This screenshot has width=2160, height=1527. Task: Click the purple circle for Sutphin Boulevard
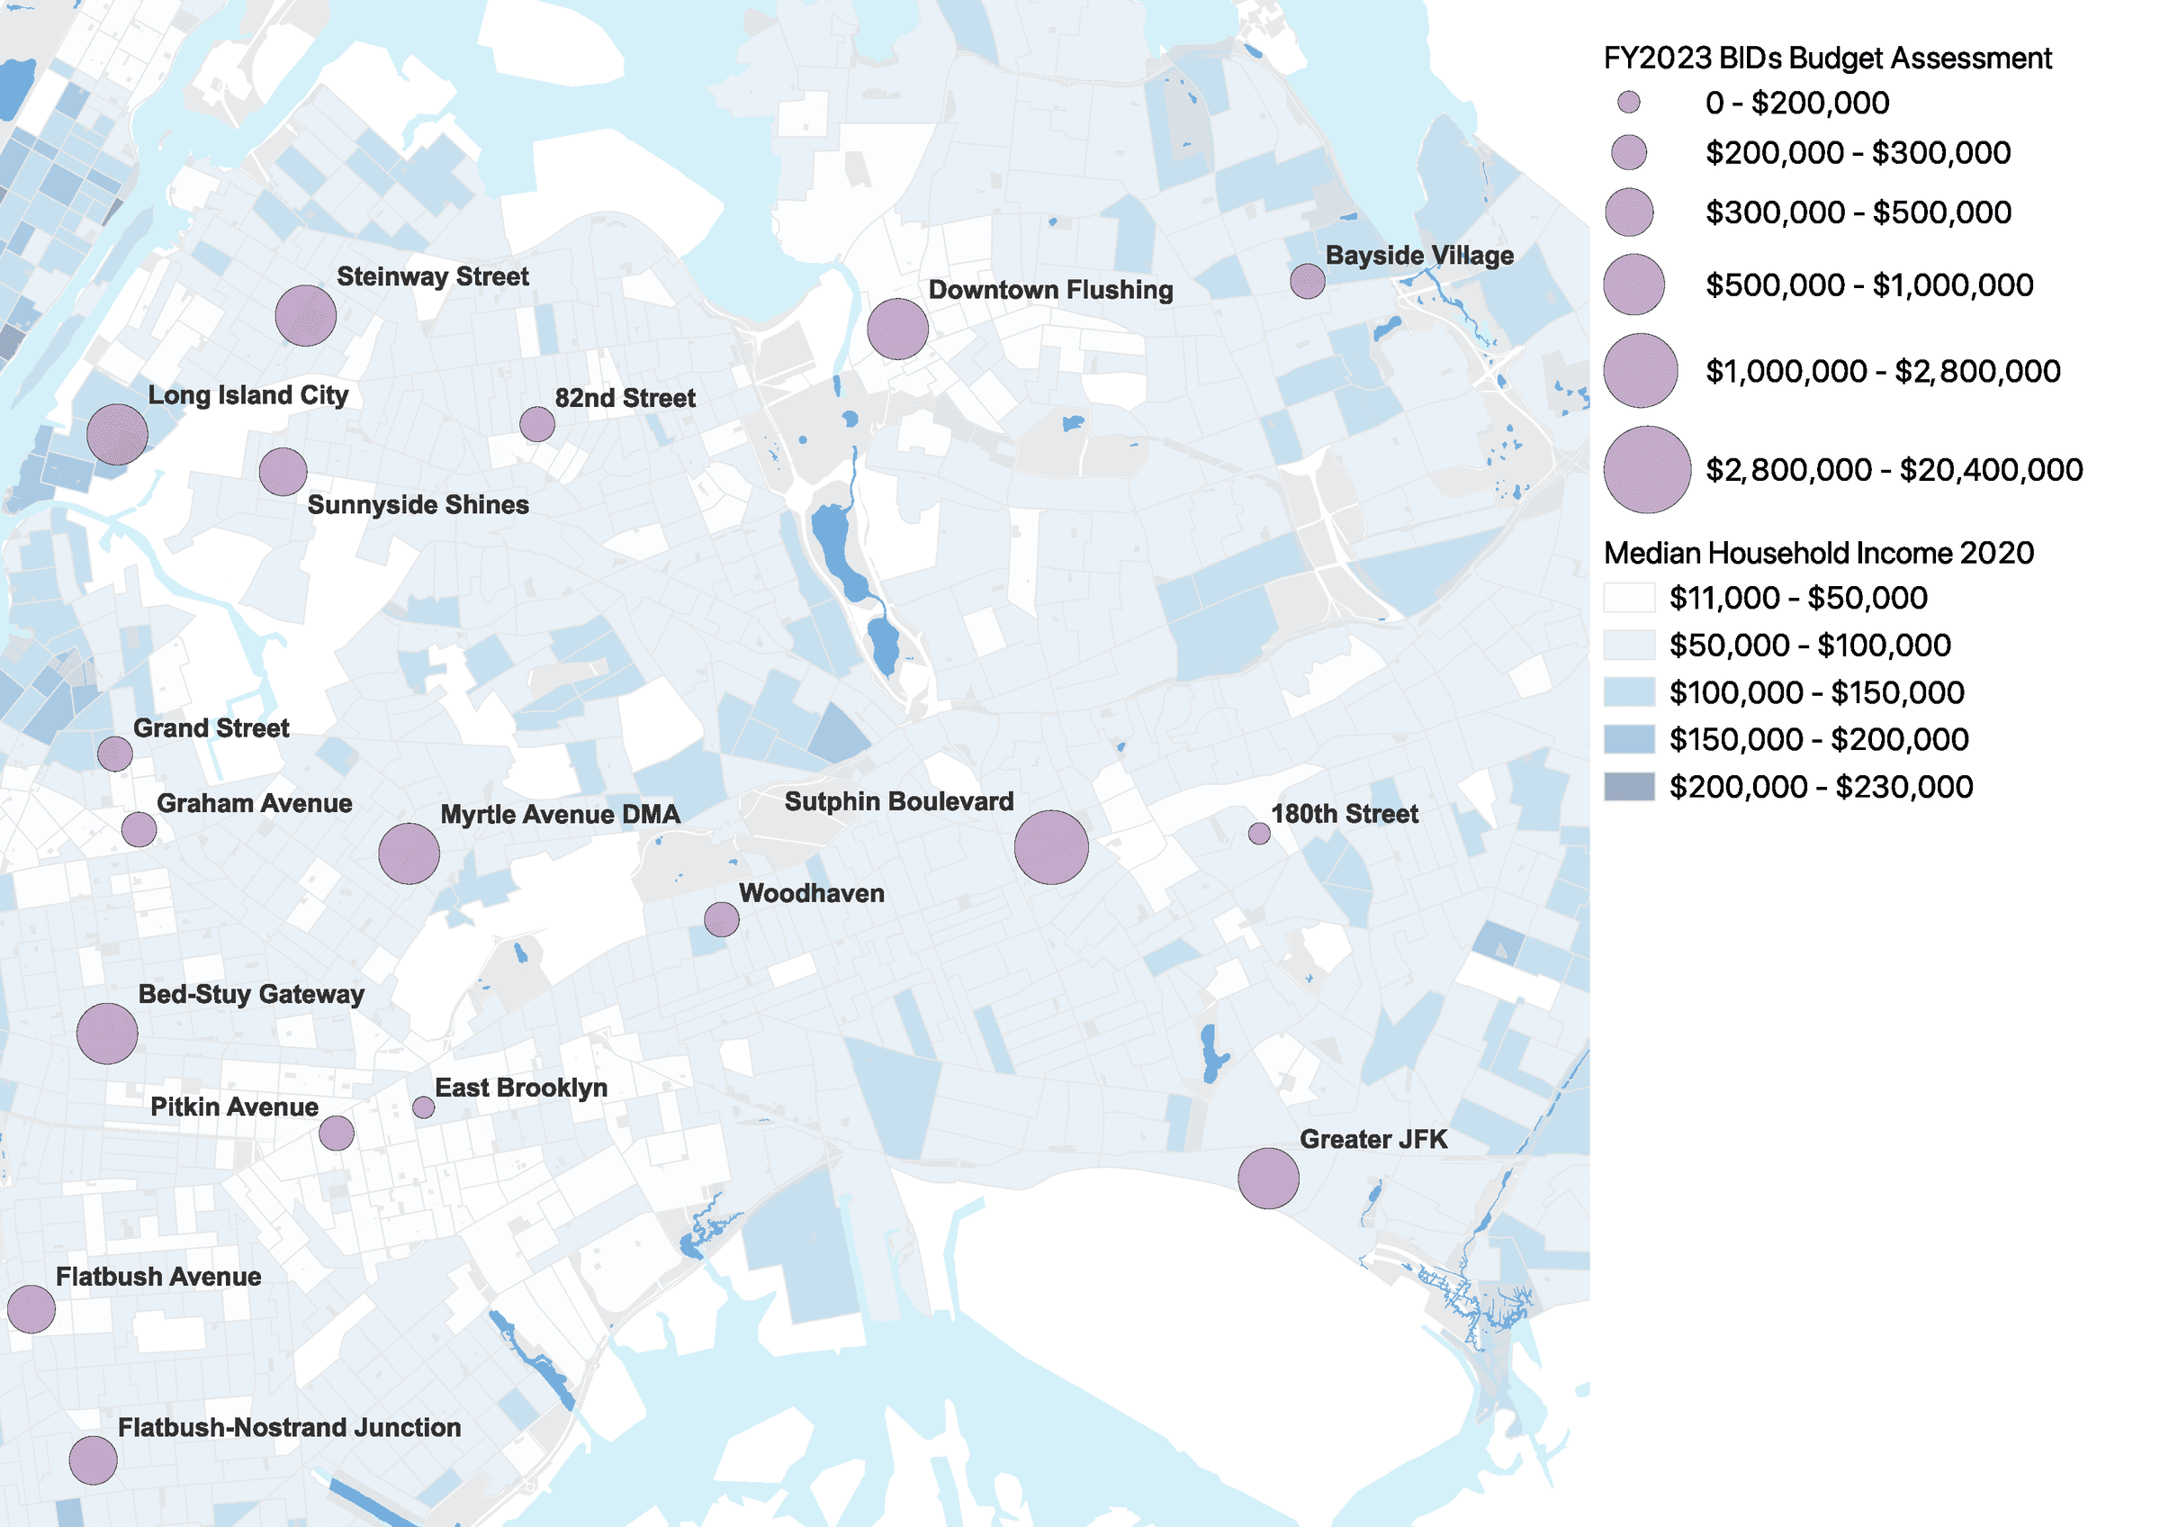click(1051, 846)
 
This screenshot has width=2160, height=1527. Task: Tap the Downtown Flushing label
click(1050, 290)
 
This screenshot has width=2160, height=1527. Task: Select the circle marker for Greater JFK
click(1267, 1178)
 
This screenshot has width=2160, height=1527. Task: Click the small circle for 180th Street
click(1259, 834)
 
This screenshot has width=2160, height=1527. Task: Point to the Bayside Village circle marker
click(1307, 280)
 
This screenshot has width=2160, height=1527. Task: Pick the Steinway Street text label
click(433, 276)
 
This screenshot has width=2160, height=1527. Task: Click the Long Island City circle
click(118, 434)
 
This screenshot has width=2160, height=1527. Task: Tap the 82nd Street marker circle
click(537, 424)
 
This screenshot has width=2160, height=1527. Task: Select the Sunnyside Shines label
click(418, 505)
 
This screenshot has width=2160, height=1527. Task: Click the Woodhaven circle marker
click(722, 919)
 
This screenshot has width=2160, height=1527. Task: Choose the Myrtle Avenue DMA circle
click(409, 854)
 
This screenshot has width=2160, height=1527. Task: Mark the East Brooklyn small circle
click(423, 1107)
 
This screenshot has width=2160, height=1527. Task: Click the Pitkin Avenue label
click(234, 1107)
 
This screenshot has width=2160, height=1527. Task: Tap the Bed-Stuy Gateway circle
click(107, 1033)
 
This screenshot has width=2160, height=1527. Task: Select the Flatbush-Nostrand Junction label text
click(289, 1427)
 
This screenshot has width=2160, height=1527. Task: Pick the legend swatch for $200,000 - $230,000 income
click(1628, 787)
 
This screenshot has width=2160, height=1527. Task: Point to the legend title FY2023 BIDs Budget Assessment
click(1826, 59)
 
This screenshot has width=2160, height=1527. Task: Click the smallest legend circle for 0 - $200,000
click(1628, 103)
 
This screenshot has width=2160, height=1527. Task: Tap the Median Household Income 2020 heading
click(1818, 553)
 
